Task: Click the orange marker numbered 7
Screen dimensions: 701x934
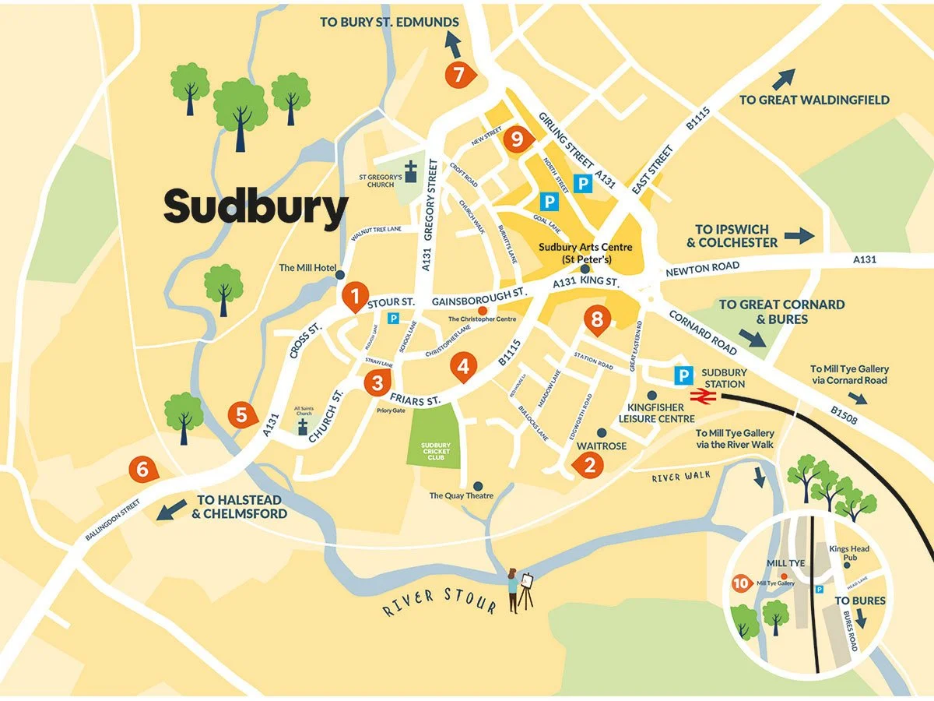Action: (458, 75)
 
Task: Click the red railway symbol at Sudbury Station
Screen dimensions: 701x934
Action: (702, 396)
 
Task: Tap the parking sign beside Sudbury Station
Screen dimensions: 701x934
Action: (682, 375)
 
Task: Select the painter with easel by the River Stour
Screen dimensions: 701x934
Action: (519, 589)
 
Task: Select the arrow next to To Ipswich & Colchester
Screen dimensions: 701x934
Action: (799, 235)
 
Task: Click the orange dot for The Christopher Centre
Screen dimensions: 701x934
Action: (483, 311)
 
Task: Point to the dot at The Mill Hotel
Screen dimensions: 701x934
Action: (339, 274)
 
